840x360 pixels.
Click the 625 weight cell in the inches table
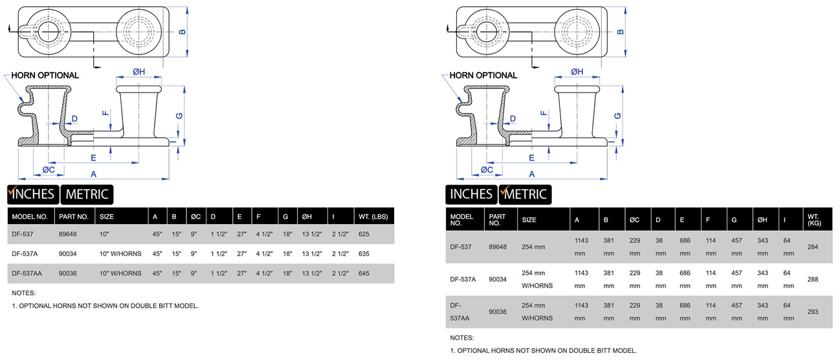pyautogui.click(x=364, y=234)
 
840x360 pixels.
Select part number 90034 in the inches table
pyautogui.click(x=68, y=254)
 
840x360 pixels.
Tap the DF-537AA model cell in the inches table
pyautogui.click(x=27, y=273)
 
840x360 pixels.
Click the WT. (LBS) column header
pyautogui.click(x=373, y=216)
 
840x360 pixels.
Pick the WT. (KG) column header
pyautogui.click(x=813, y=219)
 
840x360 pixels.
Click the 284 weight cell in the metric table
pyautogui.click(x=813, y=247)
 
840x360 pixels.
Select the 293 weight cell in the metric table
pyautogui.click(x=813, y=311)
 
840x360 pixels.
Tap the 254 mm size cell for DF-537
pyautogui.click(x=533, y=247)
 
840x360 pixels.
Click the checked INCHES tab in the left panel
pyautogui.click(x=32, y=194)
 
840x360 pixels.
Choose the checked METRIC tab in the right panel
pyautogui.click(x=525, y=194)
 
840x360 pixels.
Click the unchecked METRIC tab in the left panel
pyautogui.click(x=87, y=194)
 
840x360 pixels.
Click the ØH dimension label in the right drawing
pyautogui.click(x=577, y=72)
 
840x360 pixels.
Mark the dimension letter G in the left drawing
pyautogui.click(x=179, y=115)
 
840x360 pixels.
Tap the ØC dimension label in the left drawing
pyautogui.click(x=49, y=170)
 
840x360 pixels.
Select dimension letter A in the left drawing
pyautogui.click(x=93, y=174)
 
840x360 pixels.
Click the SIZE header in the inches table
pyautogui.click(x=107, y=216)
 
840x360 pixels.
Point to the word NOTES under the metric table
pyautogui.click(x=461, y=338)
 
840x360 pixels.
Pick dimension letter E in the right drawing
pyautogui.click(x=531, y=157)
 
